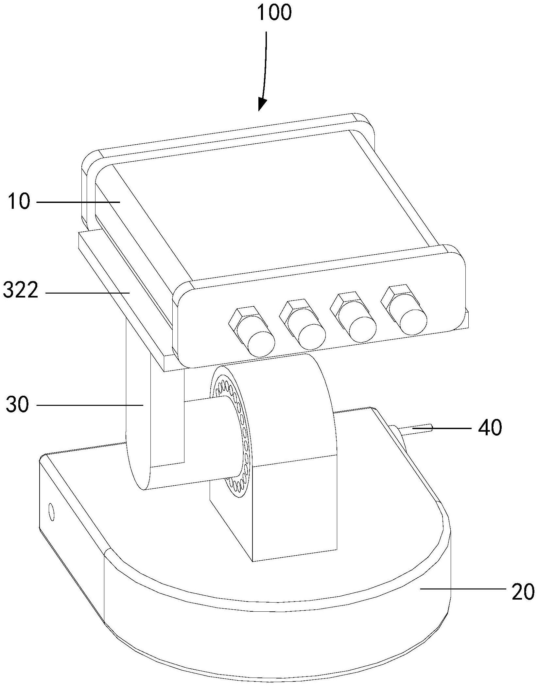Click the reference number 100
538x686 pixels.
pyautogui.click(x=274, y=13)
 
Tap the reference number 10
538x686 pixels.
pyautogui.click(x=20, y=202)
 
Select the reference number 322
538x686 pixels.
pyautogui.click(x=21, y=290)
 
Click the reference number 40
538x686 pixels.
pyautogui.click(x=490, y=427)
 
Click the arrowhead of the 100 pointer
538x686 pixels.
pyautogui.click(x=262, y=105)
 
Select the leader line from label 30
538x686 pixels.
pyautogui.click(x=90, y=405)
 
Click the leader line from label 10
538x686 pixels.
pyautogui.click(x=78, y=202)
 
